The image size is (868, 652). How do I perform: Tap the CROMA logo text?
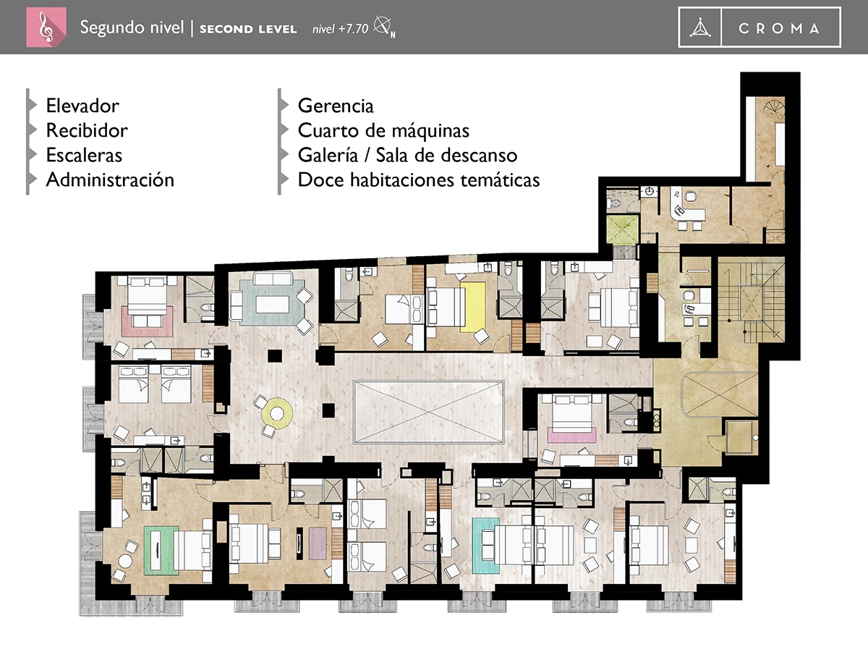(780, 29)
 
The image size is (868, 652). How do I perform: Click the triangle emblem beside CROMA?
(699, 29)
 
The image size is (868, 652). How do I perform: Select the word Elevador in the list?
(82, 106)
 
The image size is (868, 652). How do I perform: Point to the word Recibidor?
(87, 130)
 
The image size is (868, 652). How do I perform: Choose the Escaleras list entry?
(84, 155)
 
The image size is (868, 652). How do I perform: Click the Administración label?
(110, 179)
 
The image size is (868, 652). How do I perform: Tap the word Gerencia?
(336, 106)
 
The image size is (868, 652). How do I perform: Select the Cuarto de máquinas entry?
(383, 130)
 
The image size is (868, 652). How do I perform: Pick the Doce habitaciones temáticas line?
(419, 179)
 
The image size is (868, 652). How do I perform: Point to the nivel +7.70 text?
(340, 30)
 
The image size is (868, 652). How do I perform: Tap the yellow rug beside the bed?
(474, 306)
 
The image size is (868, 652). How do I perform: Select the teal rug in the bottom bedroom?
(482, 544)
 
